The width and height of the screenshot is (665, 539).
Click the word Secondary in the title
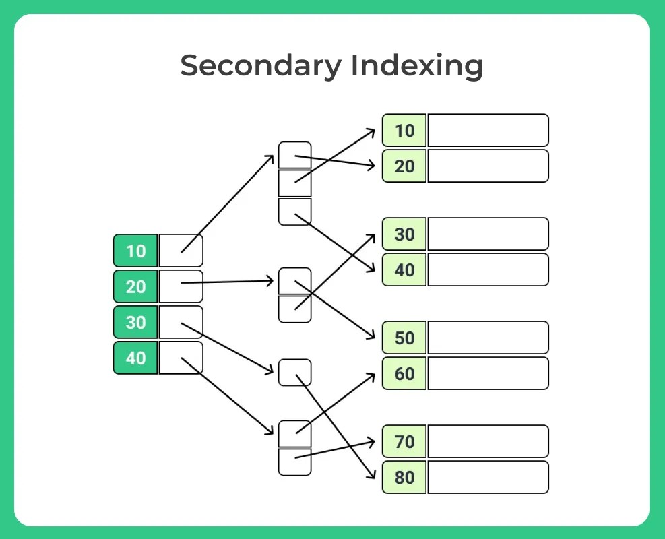click(260, 66)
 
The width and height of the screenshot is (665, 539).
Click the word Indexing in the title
click(416, 66)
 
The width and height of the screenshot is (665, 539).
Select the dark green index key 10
click(135, 251)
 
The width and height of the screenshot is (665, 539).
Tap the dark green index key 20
click(135, 286)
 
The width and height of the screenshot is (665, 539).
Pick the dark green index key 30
click(135, 322)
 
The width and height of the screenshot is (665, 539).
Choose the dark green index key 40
click(135, 358)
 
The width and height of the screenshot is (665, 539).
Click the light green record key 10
click(404, 130)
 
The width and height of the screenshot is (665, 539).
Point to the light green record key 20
click(404, 166)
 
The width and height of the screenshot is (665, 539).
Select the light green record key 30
click(404, 234)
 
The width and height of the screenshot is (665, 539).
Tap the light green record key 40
click(404, 269)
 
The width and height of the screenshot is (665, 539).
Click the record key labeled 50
click(404, 338)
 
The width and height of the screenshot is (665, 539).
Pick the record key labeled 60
click(404, 373)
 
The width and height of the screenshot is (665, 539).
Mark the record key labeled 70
click(404, 441)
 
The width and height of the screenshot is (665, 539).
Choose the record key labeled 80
click(404, 477)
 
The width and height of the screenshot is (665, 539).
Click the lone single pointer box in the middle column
click(295, 373)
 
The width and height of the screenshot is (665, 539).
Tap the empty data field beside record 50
click(488, 338)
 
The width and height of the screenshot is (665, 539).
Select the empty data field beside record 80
click(488, 477)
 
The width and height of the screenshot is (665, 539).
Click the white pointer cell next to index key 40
click(181, 358)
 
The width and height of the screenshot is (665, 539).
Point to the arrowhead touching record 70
click(371, 442)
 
